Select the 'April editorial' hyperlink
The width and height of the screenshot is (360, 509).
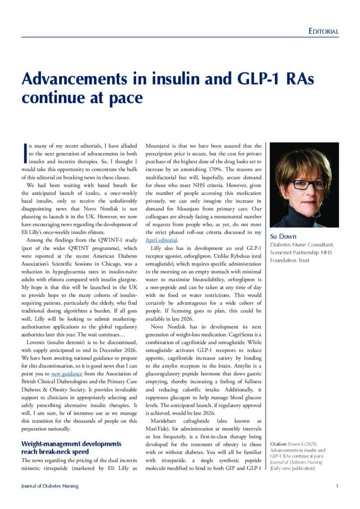tap(161, 240)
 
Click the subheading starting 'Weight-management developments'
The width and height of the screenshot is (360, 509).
tap(71, 443)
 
